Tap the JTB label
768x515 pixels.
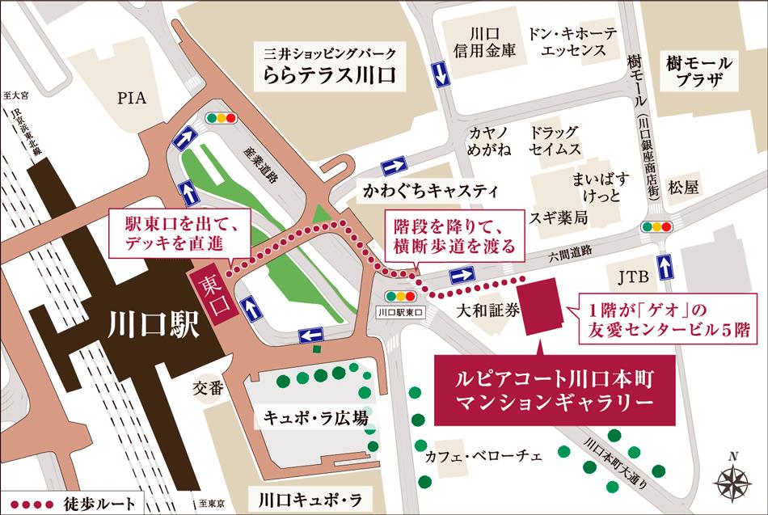634,279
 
